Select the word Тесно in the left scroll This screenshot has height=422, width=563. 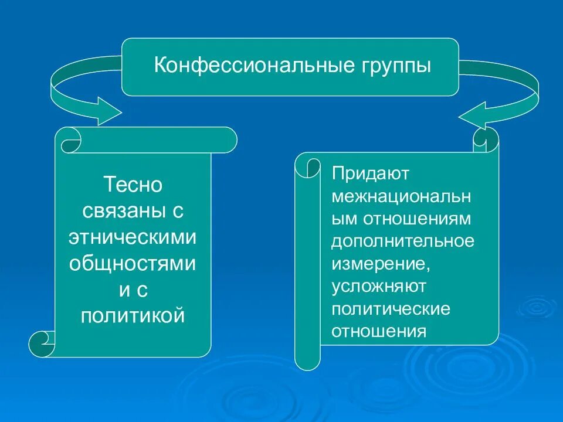[x=133, y=185]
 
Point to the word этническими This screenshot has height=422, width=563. [x=133, y=237]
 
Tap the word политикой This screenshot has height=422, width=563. [x=133, y=316]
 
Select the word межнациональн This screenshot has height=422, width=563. [x=402, y=196]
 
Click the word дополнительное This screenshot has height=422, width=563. [x=403, y=241]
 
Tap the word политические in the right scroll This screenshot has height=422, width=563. [x=391, y=308]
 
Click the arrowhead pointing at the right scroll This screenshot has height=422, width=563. [x=475, y=114]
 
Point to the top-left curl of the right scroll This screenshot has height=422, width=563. [x=307, y=167]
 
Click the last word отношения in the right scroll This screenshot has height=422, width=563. [x=378, y=331]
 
